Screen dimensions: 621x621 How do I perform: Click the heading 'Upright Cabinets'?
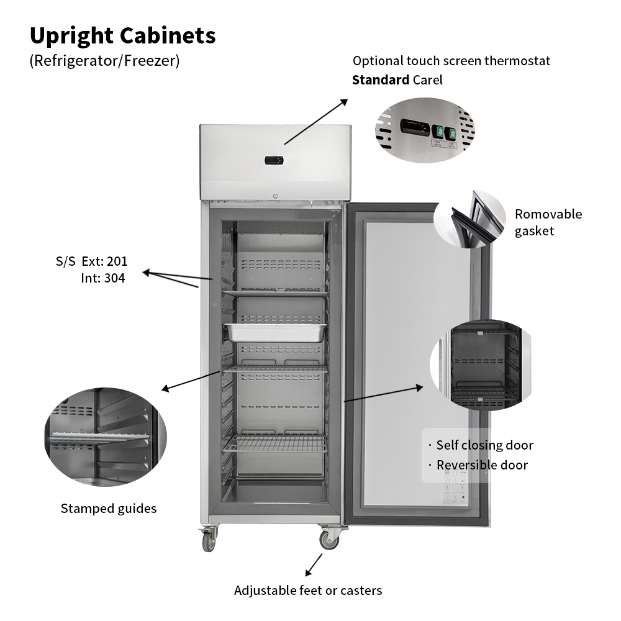122,35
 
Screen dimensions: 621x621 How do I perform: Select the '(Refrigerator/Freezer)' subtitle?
104,61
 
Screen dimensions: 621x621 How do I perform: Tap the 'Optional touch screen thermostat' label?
451,61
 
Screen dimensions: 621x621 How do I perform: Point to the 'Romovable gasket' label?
548,222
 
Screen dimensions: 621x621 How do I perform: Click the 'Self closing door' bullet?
484,445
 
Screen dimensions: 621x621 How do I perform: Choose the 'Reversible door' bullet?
482,465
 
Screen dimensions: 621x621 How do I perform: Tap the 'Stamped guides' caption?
109,509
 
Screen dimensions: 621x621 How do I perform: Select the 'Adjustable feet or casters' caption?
307,591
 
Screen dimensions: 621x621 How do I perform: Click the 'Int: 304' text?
102,278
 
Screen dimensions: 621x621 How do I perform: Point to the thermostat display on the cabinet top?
274,160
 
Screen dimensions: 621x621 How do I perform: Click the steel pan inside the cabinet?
276,332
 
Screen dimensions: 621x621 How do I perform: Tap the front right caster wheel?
329,540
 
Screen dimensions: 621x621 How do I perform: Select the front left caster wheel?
209,542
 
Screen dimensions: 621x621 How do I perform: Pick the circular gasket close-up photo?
470,219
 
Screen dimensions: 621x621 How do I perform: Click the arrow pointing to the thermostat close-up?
316,121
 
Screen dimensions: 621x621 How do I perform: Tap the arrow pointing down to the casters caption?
314,564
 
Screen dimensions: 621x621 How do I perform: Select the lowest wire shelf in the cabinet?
276,443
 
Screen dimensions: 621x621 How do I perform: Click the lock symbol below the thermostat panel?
276,196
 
